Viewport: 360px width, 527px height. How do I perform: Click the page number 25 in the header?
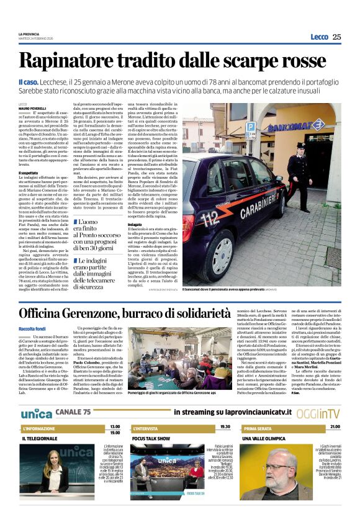[x=337, y=37]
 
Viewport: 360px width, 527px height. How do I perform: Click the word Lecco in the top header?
[x=319, y=37]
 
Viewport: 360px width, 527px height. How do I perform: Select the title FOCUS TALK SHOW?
[x=151, y=438]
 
